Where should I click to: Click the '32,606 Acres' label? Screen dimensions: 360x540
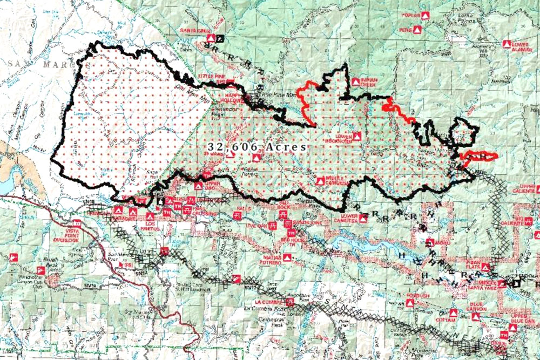pos(257,147)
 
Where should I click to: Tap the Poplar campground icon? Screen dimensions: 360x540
pos(425,16)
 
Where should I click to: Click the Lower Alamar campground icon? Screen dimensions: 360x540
pos(507,43)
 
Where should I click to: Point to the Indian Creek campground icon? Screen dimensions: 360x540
pos(355,81)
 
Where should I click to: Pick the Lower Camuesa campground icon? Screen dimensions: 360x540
pos(363,218)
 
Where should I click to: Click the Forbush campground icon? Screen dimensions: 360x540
pos(410,303)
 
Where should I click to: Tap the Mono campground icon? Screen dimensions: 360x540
pos(430,242)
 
